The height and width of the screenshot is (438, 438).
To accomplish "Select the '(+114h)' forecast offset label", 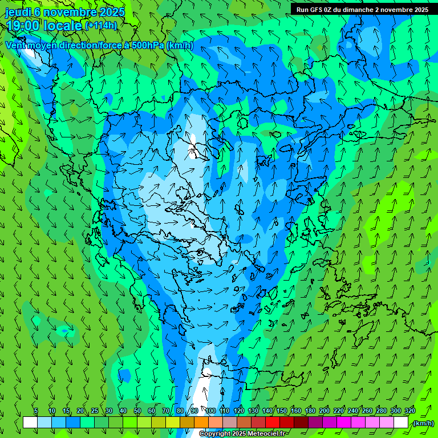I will click(101, 26).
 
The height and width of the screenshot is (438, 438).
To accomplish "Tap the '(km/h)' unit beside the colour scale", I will click(423, 423).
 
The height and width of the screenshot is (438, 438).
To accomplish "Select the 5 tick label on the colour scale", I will click(36, 411).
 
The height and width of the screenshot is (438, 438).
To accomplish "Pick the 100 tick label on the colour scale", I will click(210, 411).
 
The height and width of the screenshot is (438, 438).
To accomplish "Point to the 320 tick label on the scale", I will click(409, 411).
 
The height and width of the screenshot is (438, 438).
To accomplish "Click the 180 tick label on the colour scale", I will click(310, 411).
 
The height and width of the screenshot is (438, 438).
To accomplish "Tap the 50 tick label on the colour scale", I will click(137, 411).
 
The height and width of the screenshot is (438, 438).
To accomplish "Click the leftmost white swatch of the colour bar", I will click(30, 423).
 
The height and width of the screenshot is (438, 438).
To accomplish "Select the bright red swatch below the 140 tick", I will click(273, 423).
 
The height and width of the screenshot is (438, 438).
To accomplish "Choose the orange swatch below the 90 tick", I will click(201, 423).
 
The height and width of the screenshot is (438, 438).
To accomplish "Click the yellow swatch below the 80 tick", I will click(187, 423).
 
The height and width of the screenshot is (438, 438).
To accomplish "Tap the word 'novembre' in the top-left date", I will click(68, 12).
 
